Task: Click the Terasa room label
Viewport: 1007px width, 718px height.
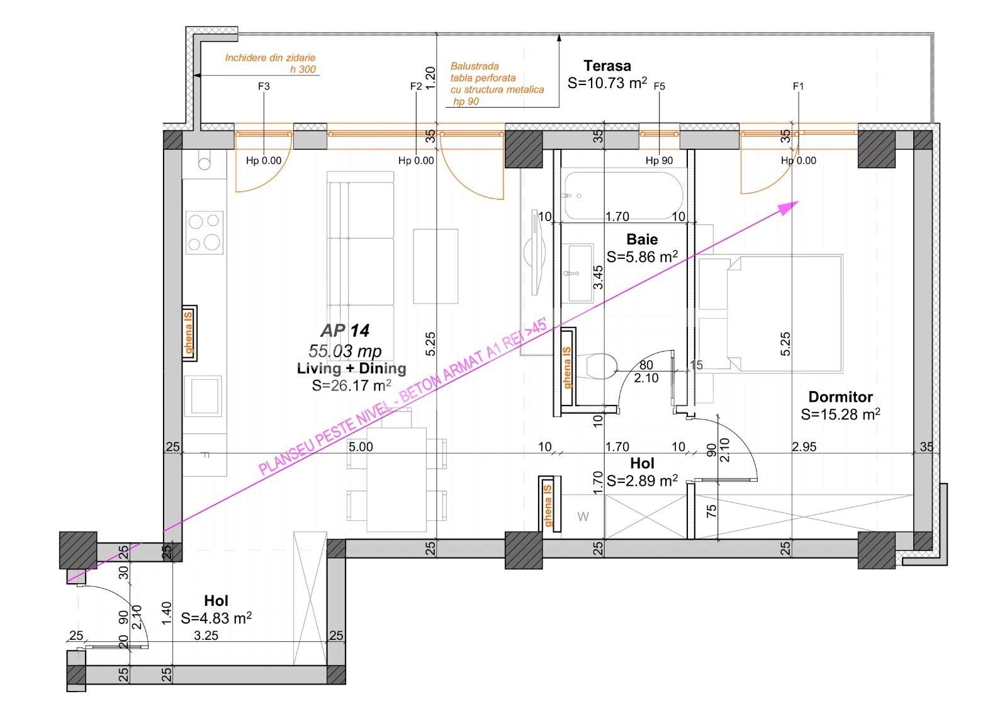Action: [607, 66]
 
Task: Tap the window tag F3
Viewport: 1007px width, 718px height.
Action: [264, 86]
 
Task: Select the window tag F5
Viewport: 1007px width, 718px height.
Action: [659, 86]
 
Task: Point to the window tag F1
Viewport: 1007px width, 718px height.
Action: [798, 86]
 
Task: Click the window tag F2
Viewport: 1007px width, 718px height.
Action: [415, 86]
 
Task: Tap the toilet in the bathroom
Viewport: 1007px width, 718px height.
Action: [600, 366]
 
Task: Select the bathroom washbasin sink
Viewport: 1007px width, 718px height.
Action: [580, 273]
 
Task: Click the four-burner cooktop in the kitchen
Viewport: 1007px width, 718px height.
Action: [205, 232]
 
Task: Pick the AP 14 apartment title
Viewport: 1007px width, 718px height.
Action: [345, 330]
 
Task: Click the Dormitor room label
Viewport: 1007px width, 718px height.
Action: [840, 397]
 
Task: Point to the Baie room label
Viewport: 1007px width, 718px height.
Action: [642, 239]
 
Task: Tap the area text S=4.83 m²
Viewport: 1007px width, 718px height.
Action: [216, 618]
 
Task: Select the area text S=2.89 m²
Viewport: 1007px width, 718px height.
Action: [642, 481]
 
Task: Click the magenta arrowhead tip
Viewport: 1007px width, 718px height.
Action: [797, 202]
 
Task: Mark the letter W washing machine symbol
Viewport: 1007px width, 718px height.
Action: [583, 517]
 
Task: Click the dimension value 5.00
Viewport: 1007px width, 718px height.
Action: [361, 447]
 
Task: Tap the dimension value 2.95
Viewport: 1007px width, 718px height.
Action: [804, 447]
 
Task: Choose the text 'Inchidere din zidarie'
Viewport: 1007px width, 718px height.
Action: [270, 58]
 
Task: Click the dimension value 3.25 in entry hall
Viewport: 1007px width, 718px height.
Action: [206, 636]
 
